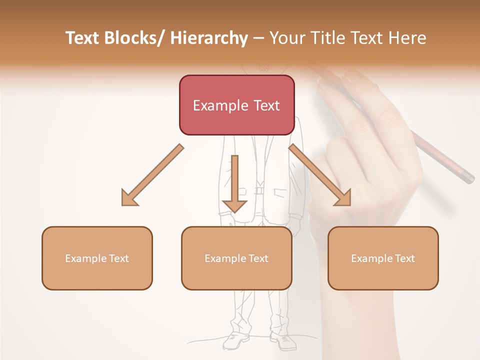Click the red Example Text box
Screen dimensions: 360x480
[236, 105]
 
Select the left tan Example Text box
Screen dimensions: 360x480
[97, 258]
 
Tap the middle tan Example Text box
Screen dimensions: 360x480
[236, 258]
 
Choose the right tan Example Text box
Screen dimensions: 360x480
[383, 258]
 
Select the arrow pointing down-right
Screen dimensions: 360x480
[320, 174]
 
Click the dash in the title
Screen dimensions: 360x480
[258, 38]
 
